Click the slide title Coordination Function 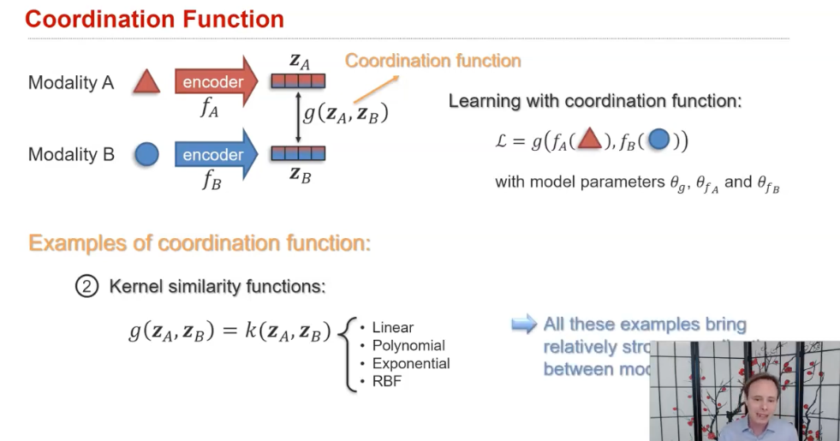155,19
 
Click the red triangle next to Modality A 147,83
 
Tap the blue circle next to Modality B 147,155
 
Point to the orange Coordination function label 432,61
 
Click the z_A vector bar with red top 298,81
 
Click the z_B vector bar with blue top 298,154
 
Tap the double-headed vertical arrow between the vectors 298,117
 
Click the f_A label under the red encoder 210,109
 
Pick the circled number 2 87,287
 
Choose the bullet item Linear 392,328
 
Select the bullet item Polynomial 408,346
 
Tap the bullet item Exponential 411,364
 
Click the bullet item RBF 387,382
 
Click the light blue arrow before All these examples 524,325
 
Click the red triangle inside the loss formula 589,140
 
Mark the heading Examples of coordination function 200,243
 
